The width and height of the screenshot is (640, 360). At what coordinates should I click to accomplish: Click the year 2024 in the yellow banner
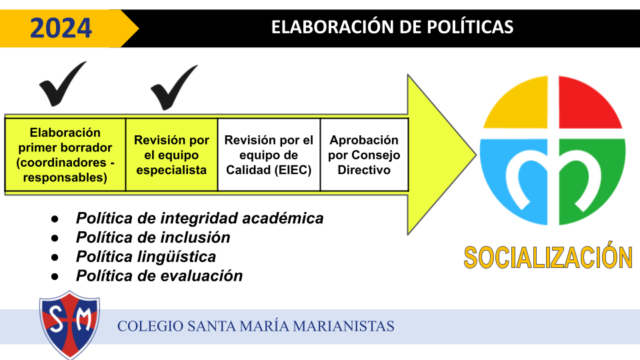[61, 28]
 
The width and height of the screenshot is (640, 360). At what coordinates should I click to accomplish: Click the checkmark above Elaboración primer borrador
[63, 84]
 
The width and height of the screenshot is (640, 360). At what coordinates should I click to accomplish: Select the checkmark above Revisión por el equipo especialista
[174, 87]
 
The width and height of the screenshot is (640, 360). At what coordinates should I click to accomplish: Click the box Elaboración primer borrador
[65, 155]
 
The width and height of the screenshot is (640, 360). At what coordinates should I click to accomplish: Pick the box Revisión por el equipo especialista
[172, 155]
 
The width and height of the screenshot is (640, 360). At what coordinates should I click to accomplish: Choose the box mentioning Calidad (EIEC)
[269, 155]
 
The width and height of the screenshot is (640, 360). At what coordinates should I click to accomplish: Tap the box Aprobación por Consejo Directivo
[365, 155]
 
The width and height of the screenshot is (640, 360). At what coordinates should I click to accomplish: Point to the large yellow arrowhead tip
[476, 155]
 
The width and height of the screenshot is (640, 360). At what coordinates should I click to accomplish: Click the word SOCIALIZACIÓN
[548, 257]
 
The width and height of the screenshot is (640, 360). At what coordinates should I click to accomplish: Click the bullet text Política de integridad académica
[199, 218]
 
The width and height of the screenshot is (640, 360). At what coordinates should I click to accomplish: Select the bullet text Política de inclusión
[153, 237]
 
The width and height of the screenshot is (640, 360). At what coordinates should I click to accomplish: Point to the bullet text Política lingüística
[146, 256]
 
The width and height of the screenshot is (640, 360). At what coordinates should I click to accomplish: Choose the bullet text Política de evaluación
[159, 275]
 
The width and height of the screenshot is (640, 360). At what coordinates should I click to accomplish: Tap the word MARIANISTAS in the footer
[343, 326]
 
